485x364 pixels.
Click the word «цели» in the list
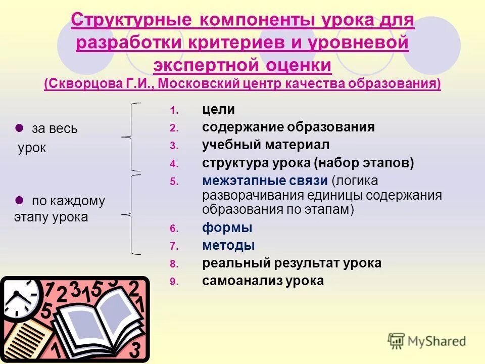pos(218,110)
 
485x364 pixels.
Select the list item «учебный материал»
pos(266,145)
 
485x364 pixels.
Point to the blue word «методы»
pos(228,246)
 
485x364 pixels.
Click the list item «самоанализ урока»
pos(263,281)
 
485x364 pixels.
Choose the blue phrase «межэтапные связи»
pos(265,180)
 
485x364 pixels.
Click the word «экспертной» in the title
pos(200,65)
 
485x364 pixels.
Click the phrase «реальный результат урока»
pos(292,263)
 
